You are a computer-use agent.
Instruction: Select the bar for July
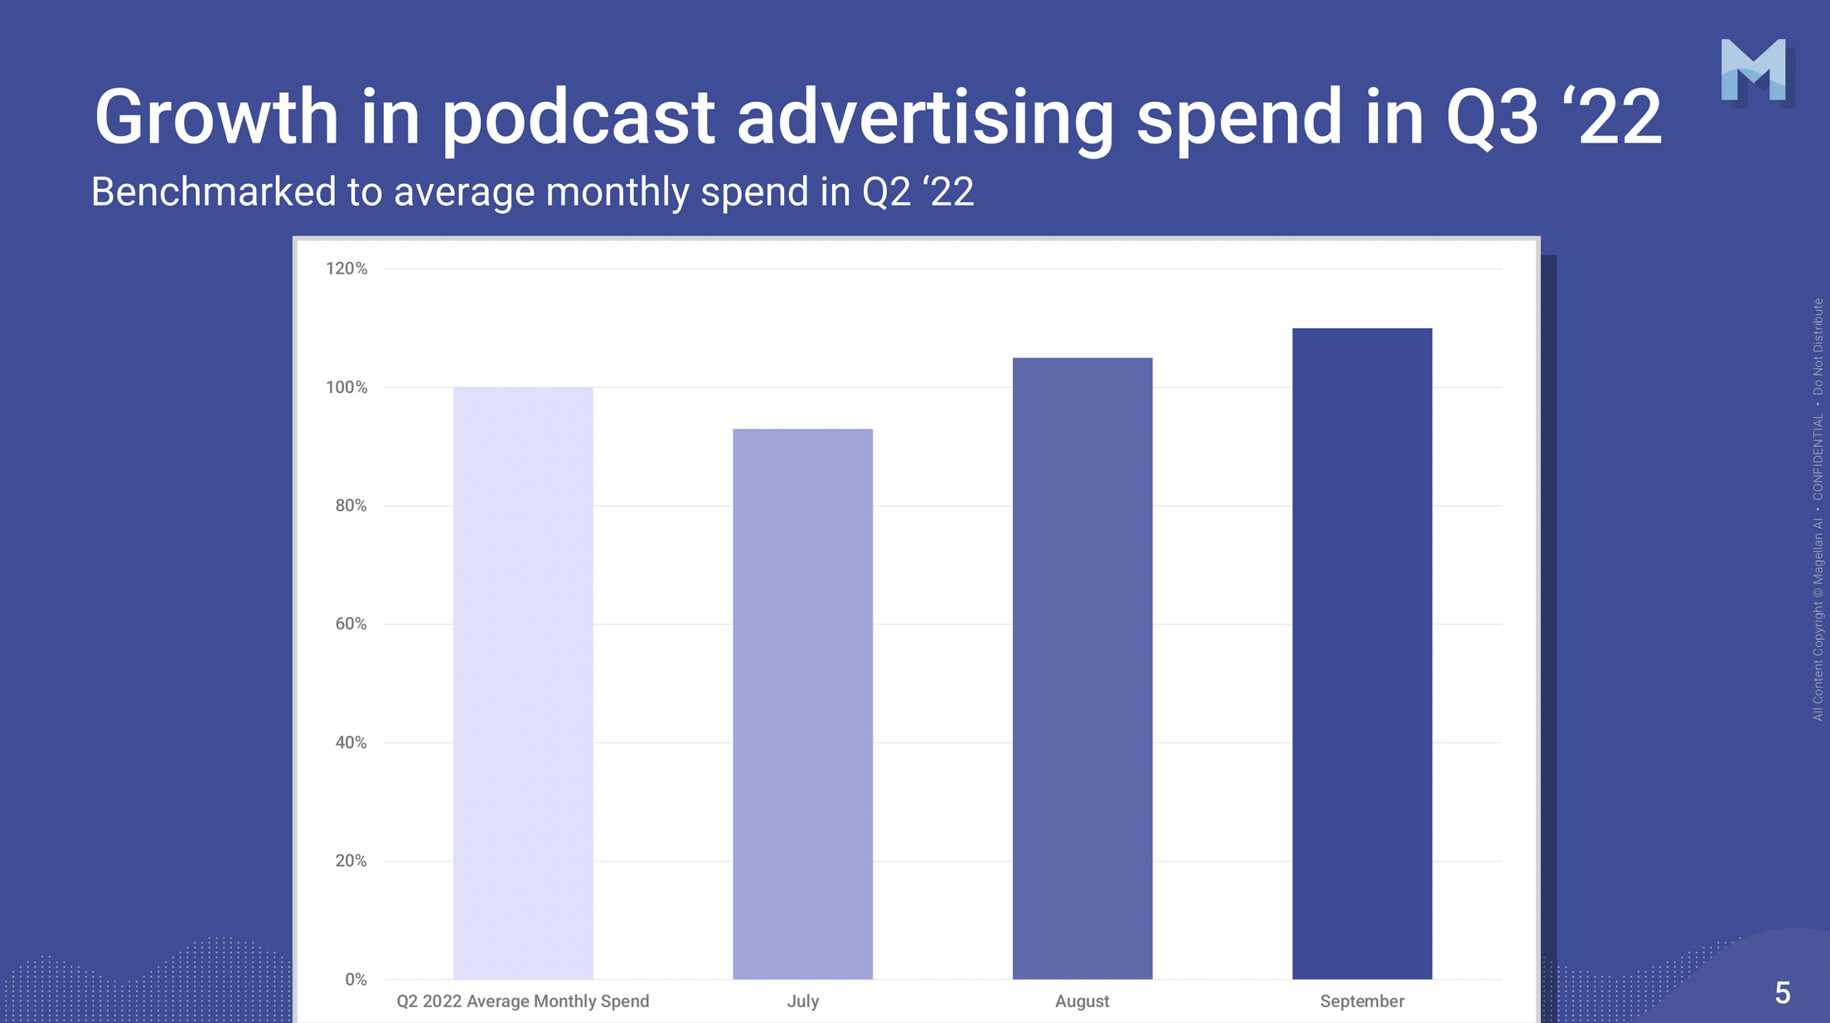802,704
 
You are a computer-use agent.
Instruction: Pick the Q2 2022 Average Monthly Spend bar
523,683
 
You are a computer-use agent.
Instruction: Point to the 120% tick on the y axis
346,269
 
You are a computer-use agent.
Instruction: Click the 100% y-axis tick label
346,387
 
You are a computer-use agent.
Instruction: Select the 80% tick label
351,506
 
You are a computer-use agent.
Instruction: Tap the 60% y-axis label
351,624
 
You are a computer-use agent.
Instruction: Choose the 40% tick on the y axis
351,743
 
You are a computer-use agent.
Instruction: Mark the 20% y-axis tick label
351,861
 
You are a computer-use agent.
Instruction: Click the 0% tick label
356,980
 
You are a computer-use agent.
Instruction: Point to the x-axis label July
802,1001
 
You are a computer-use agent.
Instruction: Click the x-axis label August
1082,1001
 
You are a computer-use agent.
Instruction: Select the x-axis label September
1362,1001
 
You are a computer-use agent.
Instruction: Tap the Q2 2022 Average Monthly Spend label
523,1001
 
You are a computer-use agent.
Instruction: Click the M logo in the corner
1753,70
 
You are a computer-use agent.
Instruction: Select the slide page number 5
1782,992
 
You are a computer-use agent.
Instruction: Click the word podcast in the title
578,118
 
